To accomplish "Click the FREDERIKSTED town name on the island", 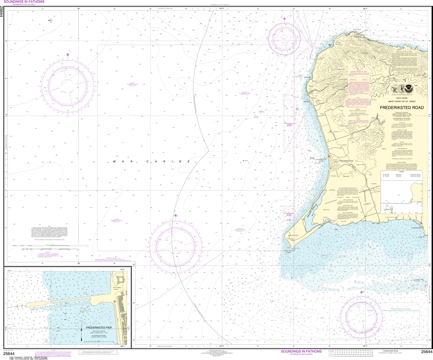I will (x=345, y=160).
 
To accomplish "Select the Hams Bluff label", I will (x=355, y=30).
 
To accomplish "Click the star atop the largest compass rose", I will (x=68, y=55).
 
